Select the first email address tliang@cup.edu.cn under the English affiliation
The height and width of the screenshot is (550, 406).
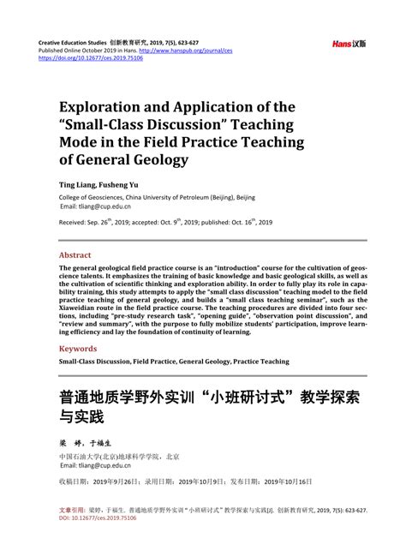click(x=96, y=206)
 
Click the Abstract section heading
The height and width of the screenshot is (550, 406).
click(x=75, y=255)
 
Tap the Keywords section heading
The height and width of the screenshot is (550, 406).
click(x=78, y=349)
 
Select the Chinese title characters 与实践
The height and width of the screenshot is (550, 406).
click(x=81, y=419)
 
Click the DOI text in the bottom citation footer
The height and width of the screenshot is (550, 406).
click(x=90, y=517)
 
